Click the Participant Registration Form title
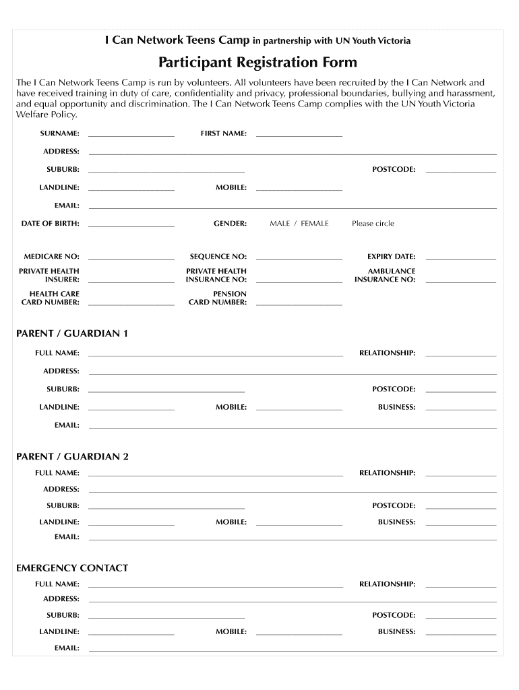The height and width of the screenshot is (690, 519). click(x=257, y=63)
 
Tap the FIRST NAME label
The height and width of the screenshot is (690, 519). click(x=223, y=133)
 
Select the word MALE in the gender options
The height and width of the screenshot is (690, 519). click(x=280, y=224)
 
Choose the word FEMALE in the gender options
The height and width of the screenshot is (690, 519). click(x=315, y=224)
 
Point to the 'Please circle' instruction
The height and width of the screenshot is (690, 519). click(x=373, y=224)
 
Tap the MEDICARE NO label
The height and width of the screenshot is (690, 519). click(x=52, y=257)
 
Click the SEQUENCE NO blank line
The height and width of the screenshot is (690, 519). click(x=299, y=259)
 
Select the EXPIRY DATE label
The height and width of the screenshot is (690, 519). click(x=391, y=257)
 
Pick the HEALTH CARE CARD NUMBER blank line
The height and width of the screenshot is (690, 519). click(x=131, y=305)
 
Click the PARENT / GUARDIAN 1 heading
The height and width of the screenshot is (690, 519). click(x=72, y=334)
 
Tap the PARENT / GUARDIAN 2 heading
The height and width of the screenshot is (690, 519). click(x=72, y=457)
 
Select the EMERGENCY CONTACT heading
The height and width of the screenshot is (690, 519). click(x=72, y=568)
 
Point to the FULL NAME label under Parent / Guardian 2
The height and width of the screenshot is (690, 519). click(x=57, y=473)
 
